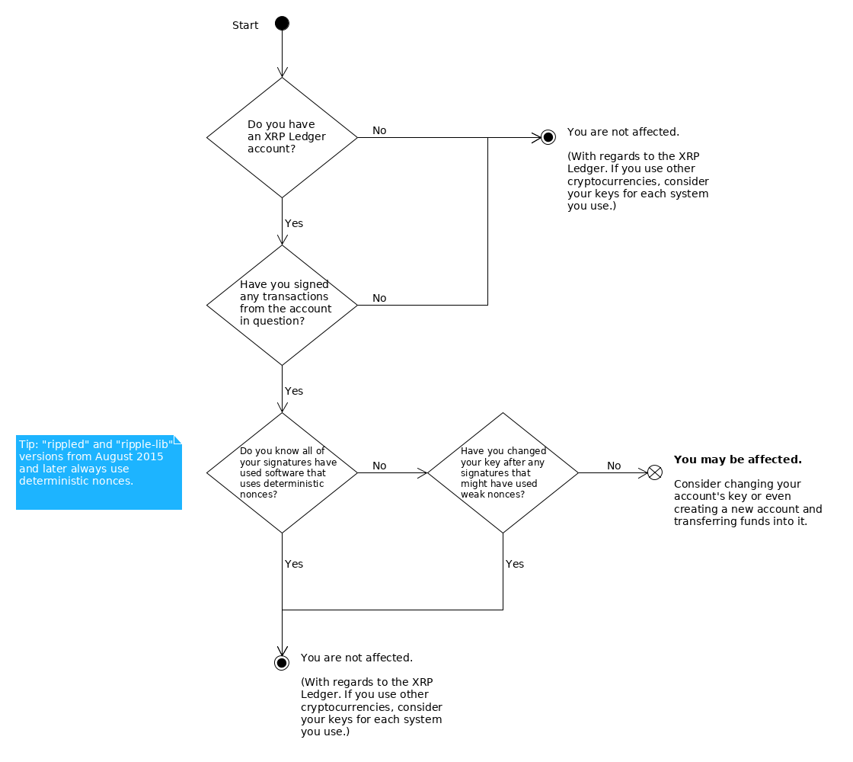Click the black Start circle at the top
282,24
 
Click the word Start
245,25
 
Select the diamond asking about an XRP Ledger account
282,137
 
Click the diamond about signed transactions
282,305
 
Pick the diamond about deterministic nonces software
282,472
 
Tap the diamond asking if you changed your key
503,472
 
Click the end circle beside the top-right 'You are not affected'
547,138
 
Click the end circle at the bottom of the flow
282,663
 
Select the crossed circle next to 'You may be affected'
654,472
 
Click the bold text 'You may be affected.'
737,459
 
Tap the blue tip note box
99,472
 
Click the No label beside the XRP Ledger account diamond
379,130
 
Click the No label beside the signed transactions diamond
379,298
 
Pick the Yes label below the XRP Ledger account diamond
294,223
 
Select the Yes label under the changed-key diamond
515,564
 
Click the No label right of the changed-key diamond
614,466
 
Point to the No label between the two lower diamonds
379,466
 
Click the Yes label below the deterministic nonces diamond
294,564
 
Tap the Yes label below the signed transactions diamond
294,391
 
